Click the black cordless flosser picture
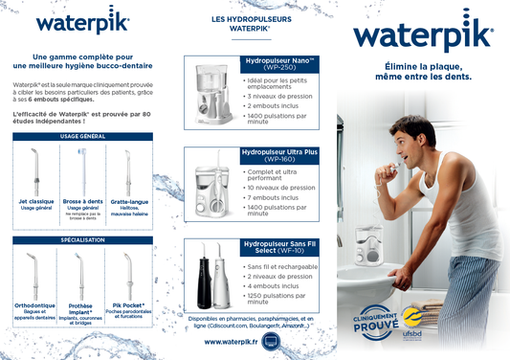pyautogui.click(x=204, y=277)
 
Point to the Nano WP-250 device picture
pyautogui.click(x=210, y=91)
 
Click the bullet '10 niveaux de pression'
pyautogui.click(x=283, y=188)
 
